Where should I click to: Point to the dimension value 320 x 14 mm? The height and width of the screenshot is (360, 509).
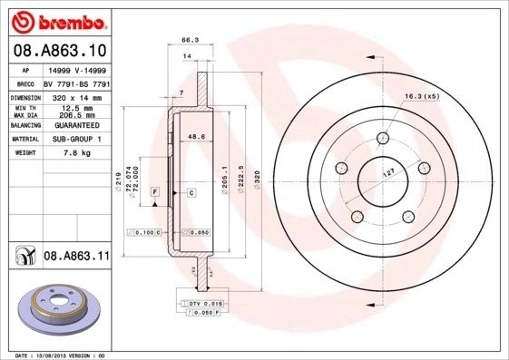(75, 95)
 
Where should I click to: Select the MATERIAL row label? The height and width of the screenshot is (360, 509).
(24, 139)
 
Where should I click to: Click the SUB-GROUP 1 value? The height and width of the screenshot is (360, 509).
(75, 139)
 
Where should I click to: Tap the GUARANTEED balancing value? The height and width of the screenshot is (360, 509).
(75, 124)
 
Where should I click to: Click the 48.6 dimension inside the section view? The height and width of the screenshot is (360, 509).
(192, 136)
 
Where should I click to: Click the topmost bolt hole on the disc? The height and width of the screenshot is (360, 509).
(382, 138)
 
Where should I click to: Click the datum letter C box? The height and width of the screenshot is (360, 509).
(192, 193)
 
